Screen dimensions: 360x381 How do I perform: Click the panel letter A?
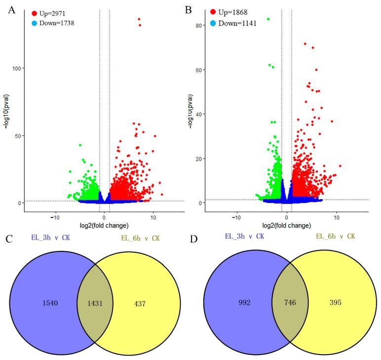11,9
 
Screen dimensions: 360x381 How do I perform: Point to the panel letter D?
193,241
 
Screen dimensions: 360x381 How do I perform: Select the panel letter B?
188,9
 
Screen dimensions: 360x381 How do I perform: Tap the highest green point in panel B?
268,19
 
